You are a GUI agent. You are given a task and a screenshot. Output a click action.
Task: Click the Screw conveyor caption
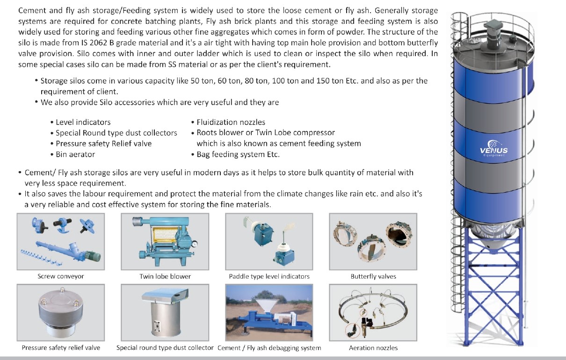[60, 276]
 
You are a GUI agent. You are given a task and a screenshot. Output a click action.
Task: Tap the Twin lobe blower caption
[165, 276]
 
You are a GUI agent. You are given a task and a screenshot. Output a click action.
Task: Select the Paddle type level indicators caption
[269, 276]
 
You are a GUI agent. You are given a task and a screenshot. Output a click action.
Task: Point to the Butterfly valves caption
[373, 276]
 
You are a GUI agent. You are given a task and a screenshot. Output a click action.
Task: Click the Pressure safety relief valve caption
[61, 348]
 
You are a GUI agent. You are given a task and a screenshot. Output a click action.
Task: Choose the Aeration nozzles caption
[373, 348]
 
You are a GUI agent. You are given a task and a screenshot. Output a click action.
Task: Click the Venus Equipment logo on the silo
[493, 149]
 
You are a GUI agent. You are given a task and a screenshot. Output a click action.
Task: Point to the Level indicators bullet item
[83, 122]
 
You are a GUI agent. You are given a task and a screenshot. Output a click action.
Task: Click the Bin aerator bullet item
[75, 154]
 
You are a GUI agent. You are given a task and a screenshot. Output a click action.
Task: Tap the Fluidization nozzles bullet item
[231, 122]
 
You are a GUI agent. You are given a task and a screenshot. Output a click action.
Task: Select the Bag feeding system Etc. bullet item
[238, 154]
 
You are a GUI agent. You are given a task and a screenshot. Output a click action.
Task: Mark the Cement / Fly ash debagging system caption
[269, 348]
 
